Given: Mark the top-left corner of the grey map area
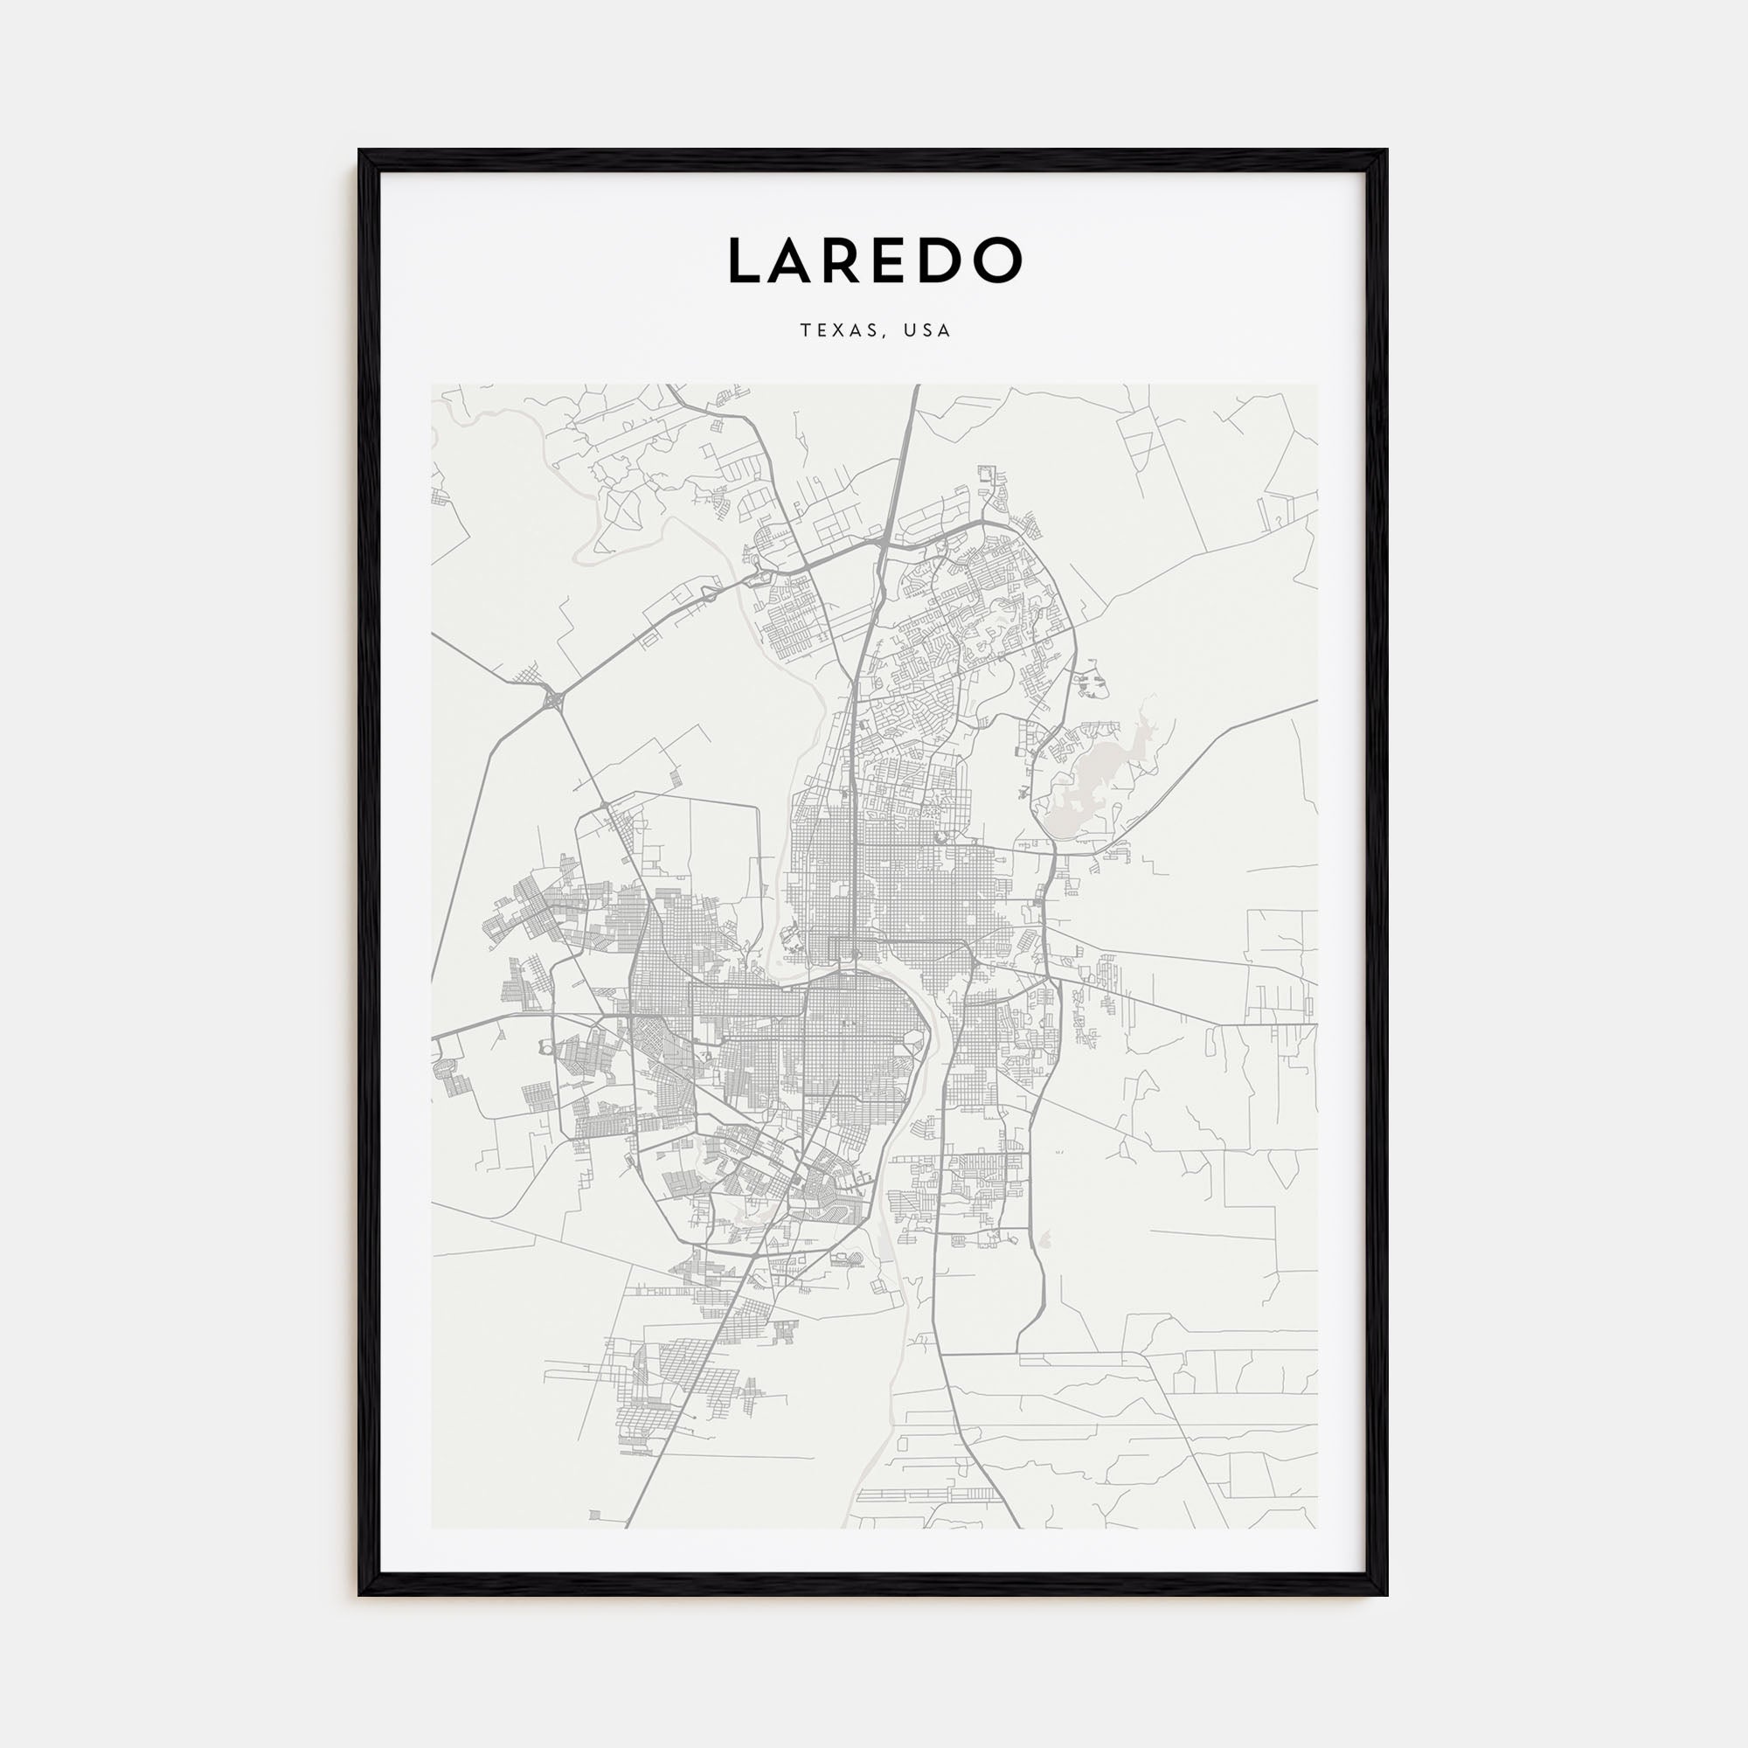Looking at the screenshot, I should (433, 385).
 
